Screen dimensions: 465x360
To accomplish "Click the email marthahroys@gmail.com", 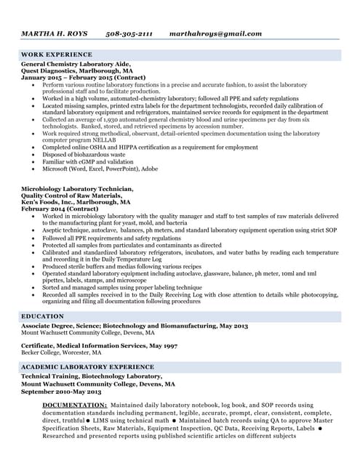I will (215, 33).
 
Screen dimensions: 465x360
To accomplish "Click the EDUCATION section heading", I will (42, 317).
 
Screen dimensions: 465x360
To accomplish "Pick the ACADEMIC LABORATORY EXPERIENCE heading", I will (87, 368).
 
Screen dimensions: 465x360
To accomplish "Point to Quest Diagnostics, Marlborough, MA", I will (77, 72).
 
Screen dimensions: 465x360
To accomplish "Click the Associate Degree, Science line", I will (135, 326).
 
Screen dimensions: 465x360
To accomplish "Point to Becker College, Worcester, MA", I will (61, 352).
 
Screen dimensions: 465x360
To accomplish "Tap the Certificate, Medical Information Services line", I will (98, 345).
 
